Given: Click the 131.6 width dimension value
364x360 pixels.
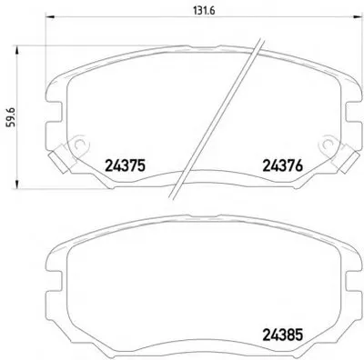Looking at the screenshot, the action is (204, 10).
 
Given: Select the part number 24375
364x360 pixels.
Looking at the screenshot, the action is (126, 165).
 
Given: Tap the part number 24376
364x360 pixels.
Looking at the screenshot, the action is (282, 165).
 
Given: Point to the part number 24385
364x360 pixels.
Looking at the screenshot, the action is (282, 335).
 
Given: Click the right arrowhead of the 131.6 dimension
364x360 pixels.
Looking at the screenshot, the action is (358, 17).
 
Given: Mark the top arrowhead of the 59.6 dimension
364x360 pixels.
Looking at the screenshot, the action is (17, 50).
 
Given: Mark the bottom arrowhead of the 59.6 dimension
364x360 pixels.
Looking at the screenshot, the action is (17, 185).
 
